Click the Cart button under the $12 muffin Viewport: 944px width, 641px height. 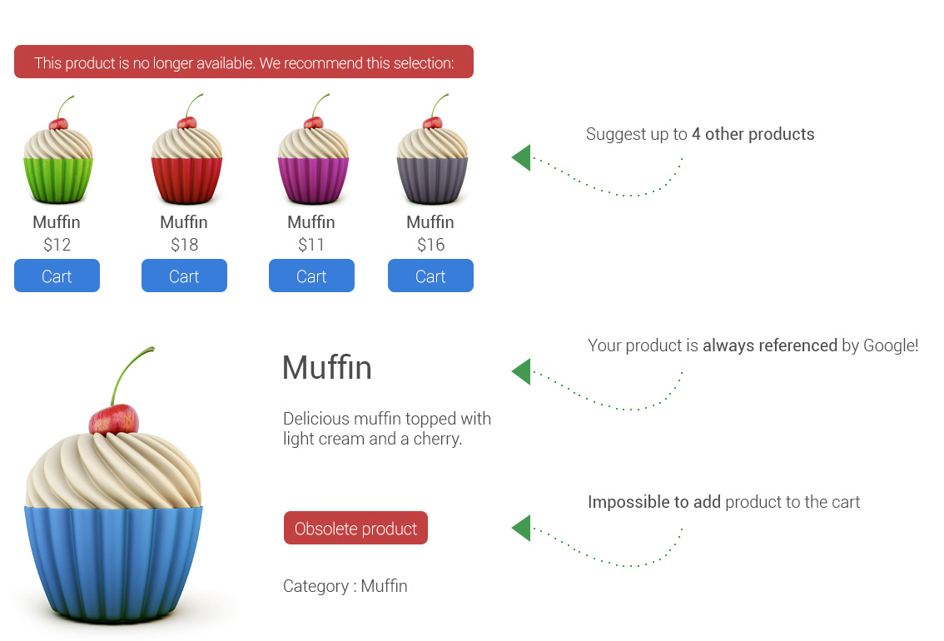click(57, 276)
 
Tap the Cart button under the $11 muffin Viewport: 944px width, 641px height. click(312, 276)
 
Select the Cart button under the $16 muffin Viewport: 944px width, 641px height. click(430, 276)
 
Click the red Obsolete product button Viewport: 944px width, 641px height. click(355, 528)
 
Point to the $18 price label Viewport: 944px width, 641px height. click(184, 245)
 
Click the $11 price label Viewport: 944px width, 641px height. click(311, 245)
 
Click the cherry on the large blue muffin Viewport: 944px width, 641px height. click(114, 419)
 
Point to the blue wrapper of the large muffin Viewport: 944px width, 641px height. click(113, 563)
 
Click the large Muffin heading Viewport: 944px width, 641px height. click(327, 367)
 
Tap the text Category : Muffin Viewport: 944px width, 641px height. click(345, 585)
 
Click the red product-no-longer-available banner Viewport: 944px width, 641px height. click(244, 62)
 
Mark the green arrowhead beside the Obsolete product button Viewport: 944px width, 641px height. click(521, 528)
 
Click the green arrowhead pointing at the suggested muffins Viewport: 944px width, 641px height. click(521, 157)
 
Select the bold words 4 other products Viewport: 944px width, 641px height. click(753, 134)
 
